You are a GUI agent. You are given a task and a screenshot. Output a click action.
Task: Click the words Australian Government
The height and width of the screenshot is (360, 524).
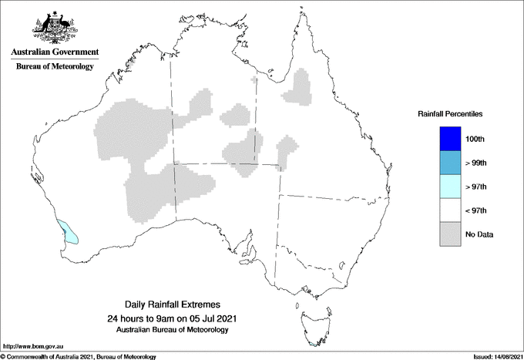[x=55, y=52]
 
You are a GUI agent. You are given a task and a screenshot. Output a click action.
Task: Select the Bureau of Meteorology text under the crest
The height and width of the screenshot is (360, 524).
[x=55, y=66]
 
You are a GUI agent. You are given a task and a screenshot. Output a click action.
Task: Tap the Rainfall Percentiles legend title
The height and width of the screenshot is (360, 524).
[x=450, y=114]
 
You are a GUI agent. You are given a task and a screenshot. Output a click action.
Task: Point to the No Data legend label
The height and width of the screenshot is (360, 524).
[x=479, y=234]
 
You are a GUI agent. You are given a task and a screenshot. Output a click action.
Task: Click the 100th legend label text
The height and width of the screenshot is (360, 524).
[x=475, y=140]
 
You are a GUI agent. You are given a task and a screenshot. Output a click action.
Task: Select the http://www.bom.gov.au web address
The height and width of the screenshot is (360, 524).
[x=33, y=348]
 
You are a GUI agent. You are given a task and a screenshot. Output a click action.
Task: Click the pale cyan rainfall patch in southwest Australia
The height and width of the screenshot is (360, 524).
[x=69, y=232]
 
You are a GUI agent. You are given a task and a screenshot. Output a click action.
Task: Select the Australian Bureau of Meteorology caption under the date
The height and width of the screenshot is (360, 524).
[x=171, y=330]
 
